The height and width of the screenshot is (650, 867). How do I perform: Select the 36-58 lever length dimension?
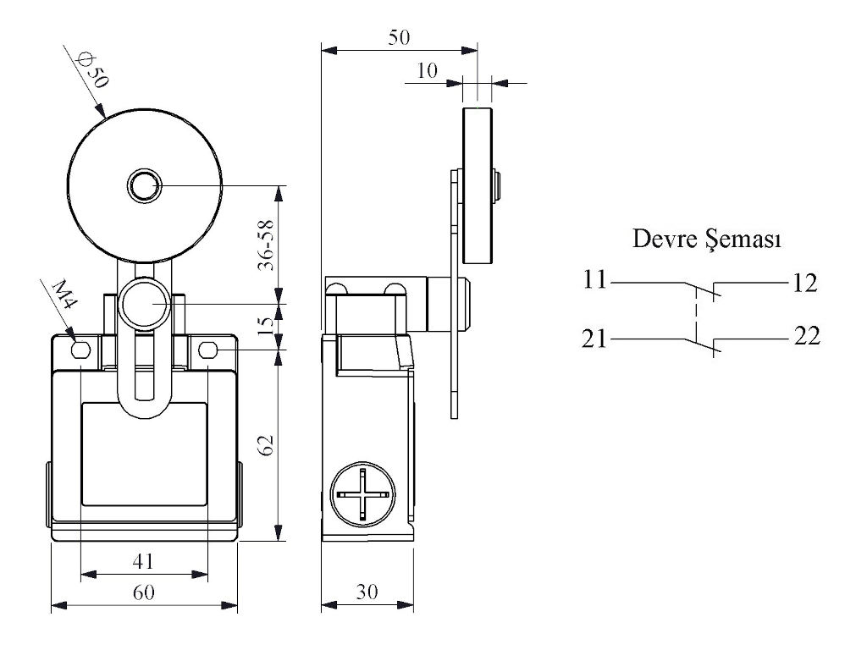265,245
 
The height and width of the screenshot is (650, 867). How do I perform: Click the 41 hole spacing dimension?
143,559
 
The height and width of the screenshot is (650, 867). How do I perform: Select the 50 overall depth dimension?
398,37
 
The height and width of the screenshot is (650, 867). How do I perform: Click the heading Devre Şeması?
707,240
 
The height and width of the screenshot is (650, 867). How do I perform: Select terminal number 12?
805,283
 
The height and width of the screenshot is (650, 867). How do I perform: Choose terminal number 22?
807,337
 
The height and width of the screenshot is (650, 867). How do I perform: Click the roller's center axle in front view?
144,185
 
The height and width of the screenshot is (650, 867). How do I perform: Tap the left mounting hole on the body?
81,350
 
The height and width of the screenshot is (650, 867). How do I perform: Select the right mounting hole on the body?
208,350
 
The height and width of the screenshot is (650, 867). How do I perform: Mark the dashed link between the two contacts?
696,312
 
